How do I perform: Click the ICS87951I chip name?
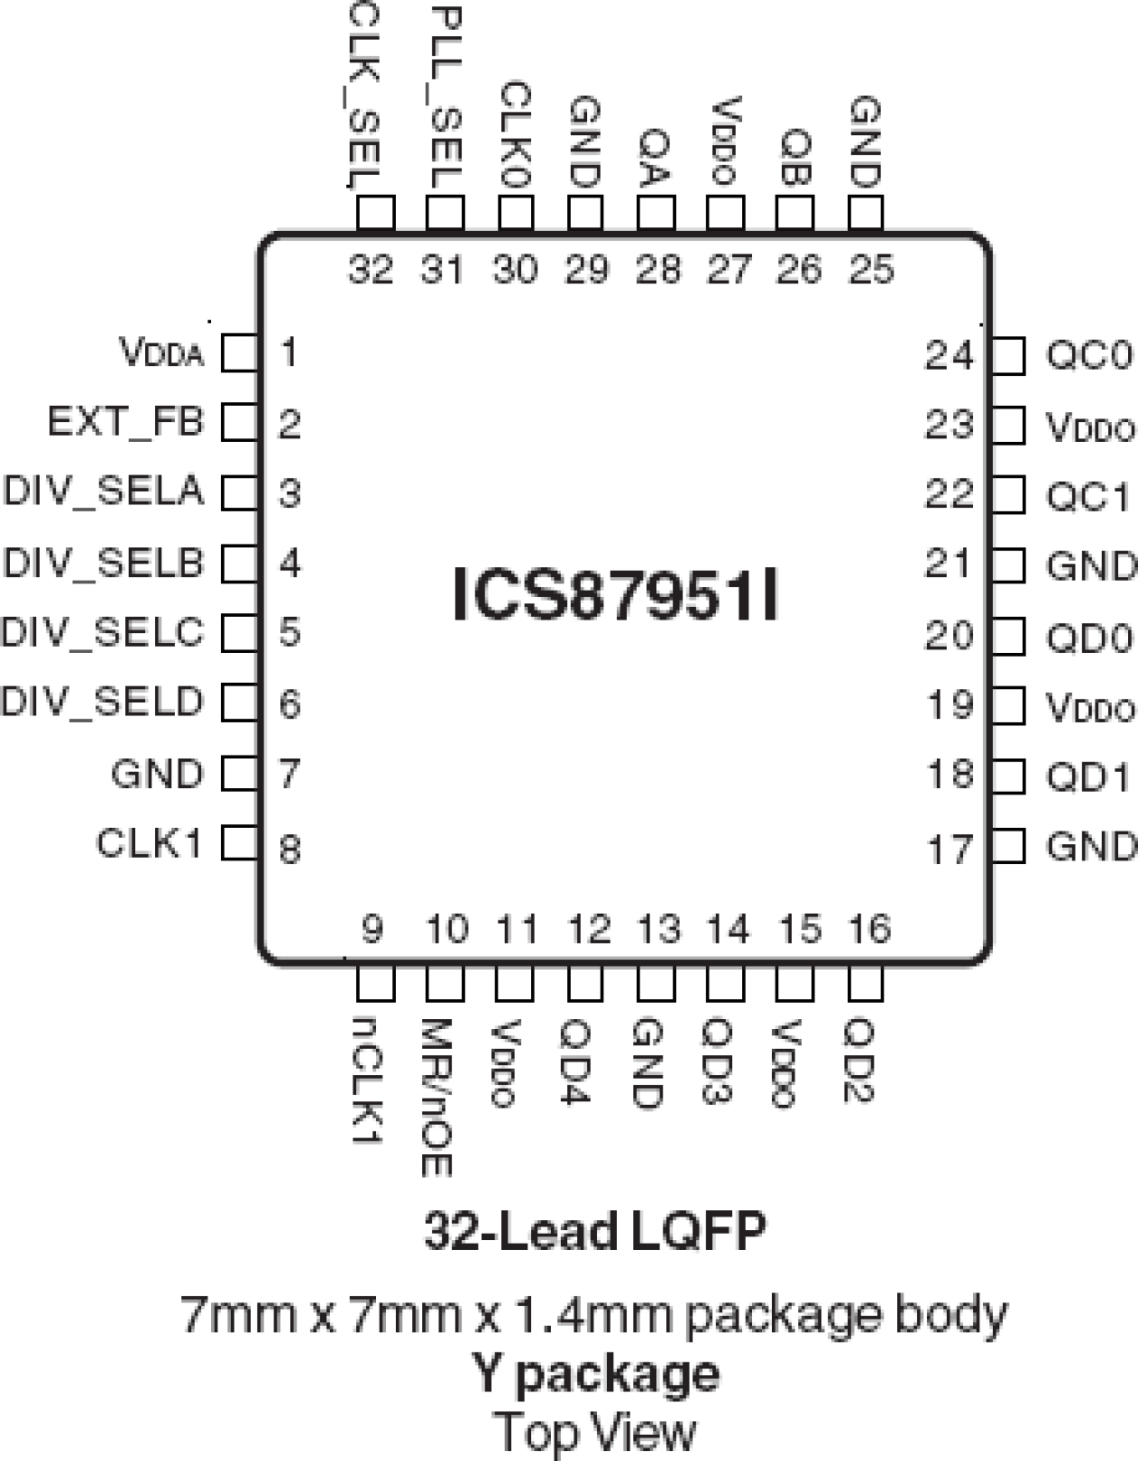click(614, 595)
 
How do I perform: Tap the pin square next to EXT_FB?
click(240, 422)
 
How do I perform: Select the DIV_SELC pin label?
click(103, 631)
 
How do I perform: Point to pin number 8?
click(289, 849)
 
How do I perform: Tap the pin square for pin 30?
click(516, 214)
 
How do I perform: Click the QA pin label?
click(655, 156)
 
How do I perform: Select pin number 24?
click(948, 355)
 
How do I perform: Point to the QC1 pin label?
click(1088, 496)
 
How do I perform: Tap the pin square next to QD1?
click(1008, 777)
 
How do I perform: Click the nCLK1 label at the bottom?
click(369, 1078)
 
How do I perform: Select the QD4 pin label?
click(575, 1061)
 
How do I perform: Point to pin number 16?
click(869, 928)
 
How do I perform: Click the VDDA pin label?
click(162, 353)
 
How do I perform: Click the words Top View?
click(595, 1432)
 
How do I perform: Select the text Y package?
click(595, 1373)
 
